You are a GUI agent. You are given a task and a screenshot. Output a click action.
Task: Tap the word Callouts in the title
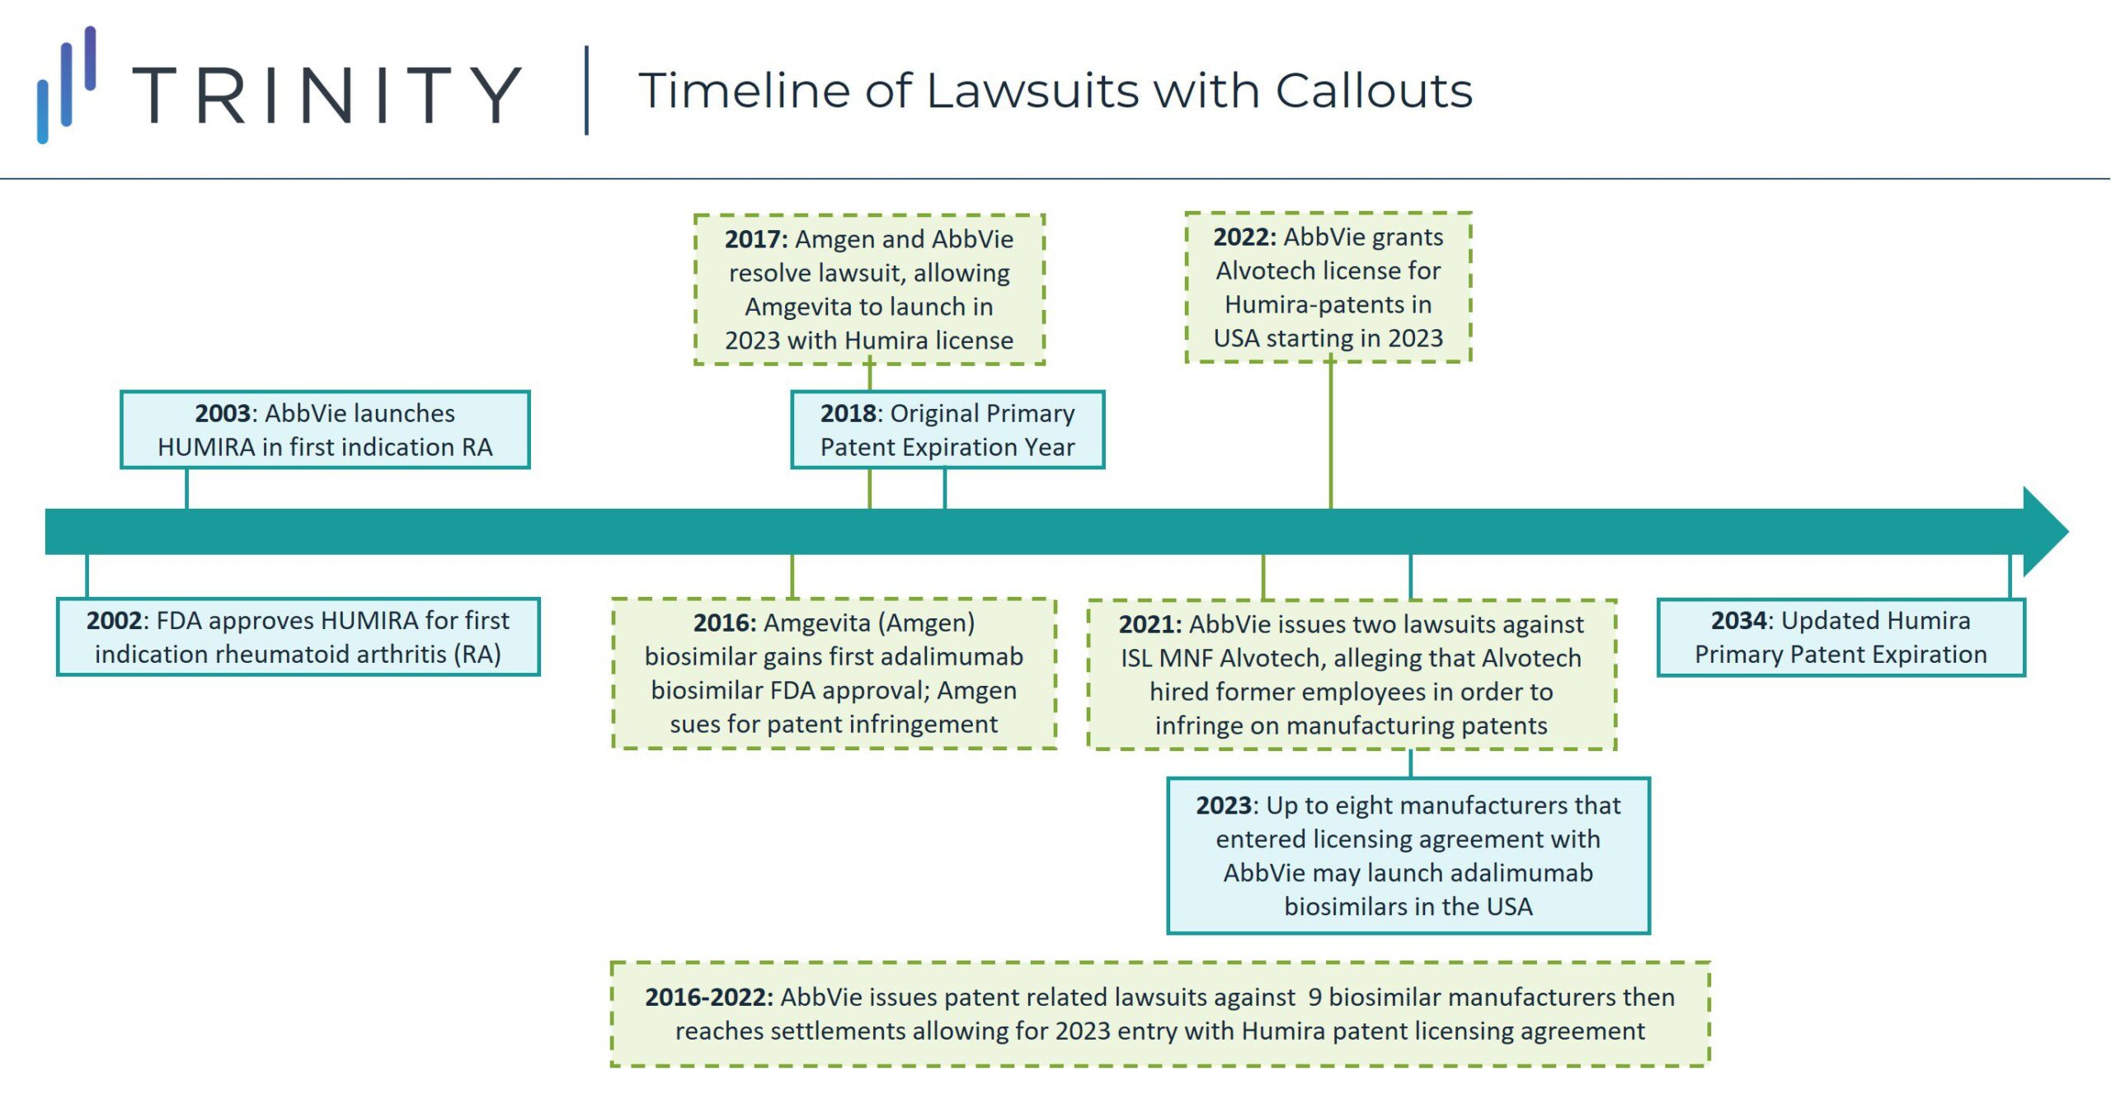[x=1374, y=91]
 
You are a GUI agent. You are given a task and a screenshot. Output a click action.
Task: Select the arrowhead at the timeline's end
[x=2044, y=532]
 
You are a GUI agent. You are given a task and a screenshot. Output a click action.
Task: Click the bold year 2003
[x=222, y=413]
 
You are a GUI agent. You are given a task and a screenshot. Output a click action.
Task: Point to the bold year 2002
[x=114, y=620]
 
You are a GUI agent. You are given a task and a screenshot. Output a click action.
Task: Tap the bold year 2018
[x=847, y=413]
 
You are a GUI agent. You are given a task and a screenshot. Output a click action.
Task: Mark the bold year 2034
[x=1738, y=620]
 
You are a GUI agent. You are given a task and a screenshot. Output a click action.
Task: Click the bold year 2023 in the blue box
[x=1224, y=805]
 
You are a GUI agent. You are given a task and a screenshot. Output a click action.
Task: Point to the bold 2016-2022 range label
[x=708, y=997]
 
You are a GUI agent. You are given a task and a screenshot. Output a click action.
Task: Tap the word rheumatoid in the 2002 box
[x=264, y=654]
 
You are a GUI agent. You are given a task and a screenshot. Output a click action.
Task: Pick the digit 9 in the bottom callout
[x=1314, y=997]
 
